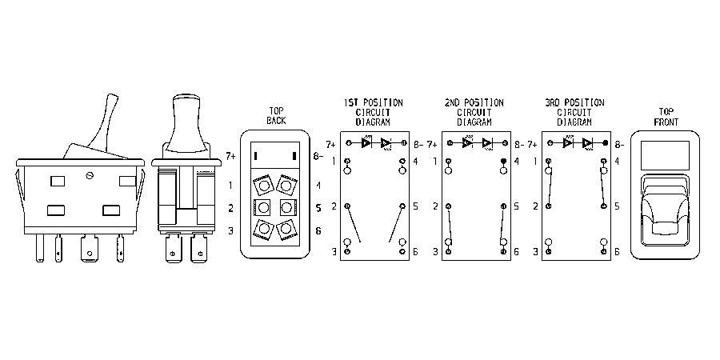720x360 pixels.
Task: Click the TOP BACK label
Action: (x=276, y=116)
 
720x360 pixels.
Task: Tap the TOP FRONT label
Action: (x=665, y=117)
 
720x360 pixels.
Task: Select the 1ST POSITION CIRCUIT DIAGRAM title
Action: (x=374, y=112)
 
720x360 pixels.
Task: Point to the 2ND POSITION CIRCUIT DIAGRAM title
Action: (x=474, y=112)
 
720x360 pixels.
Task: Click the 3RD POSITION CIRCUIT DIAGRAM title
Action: (x=574, y=112)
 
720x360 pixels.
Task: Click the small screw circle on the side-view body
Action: (x=90, y=174)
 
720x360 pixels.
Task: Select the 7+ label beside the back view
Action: (x=231, y=157)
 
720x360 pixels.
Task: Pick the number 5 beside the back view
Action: (x=318, y=208)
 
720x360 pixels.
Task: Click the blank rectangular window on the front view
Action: (x=665, y=154)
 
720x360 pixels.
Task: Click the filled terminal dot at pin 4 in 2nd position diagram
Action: (x=504, y=161)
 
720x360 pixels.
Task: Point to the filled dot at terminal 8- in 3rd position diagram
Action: (x=606, y=143)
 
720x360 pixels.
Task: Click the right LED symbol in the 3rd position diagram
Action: (x=587, y=143)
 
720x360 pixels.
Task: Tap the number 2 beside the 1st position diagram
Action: (x=334, y=206)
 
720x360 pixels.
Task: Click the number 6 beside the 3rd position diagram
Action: (x=617, y=252)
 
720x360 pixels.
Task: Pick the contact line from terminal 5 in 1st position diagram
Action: (x=396, y=224)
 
